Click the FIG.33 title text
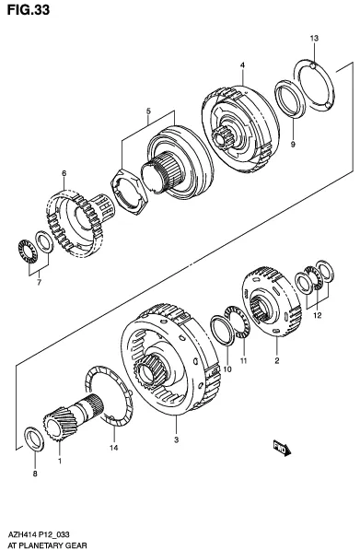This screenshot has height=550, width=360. point(28,10)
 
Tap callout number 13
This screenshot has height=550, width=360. point(314,38)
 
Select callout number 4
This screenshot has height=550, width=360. point(242,64)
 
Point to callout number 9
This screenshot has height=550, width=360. point(293,144)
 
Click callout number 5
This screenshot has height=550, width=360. point(148,111)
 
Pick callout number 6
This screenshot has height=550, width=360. point(64,173)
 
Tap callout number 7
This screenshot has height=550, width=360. point(39,282)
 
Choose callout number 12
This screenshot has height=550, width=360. point(318,316)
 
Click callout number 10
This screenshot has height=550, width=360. point(227,369)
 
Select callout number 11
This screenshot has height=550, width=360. point(243,360)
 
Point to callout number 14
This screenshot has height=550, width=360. point(113,448)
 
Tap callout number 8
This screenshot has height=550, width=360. point(35,474)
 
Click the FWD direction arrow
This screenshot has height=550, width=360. point(282,449)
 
